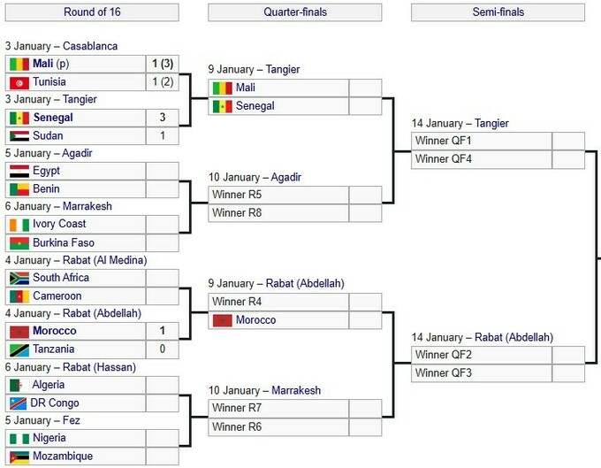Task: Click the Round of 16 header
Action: click(92, 12)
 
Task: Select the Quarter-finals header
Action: click(295, 12)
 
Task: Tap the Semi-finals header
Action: click(498, 12)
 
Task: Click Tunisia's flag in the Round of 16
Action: click(19, 82)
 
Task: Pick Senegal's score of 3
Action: click(163, 117)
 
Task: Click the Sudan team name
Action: click(48, 135)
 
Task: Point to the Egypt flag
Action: click(19, 172)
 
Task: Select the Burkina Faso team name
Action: click(64, 242)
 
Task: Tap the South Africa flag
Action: click(19, 278)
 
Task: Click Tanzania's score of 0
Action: click(163, 349)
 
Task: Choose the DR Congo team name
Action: click(55, 403)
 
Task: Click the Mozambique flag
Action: click(19, 456)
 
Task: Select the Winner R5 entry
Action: click(237, 195)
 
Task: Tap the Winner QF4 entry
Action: click(443, 159)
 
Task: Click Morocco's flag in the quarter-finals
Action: click(223, 320)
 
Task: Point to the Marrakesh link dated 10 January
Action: click(296, 390)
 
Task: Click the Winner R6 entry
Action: click(237, 426)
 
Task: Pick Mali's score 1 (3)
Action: click(163, 64)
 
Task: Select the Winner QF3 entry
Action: click(443, 372)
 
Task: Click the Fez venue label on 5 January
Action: click(72, 420)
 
